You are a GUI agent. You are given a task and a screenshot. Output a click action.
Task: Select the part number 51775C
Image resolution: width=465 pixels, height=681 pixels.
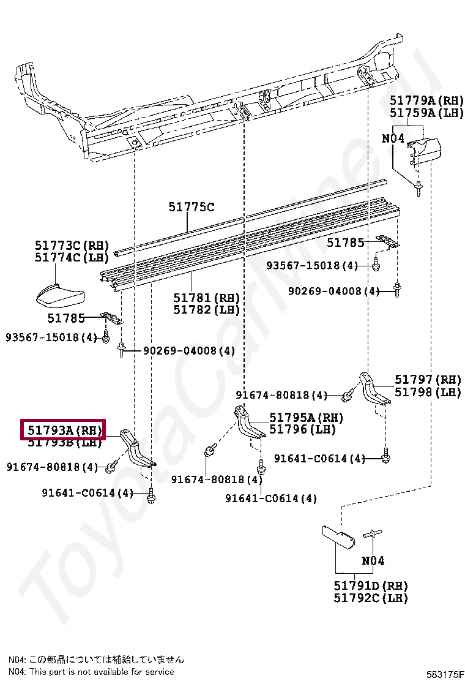point(192,208)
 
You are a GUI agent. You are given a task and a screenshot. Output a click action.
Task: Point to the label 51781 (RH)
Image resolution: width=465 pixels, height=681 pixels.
point(206,298)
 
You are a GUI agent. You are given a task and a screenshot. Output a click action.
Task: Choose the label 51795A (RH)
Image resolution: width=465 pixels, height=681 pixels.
point(306,418)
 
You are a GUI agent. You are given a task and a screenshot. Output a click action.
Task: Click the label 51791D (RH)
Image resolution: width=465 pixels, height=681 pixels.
point(371,586)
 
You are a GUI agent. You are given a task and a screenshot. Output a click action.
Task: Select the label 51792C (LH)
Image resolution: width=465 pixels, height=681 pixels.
point(371,598)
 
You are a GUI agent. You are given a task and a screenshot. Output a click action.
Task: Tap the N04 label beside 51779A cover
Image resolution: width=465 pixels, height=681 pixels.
point(393,138)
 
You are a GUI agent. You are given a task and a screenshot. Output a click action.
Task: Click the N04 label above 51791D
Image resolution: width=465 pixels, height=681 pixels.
point(373,560)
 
